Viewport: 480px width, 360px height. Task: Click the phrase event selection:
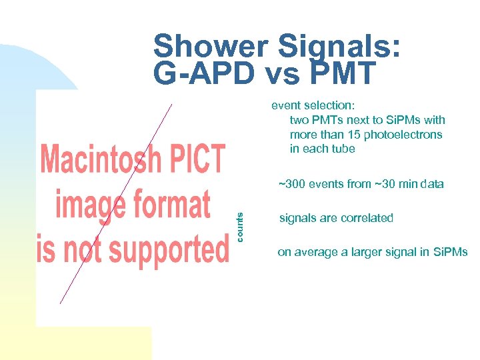coord(313,105)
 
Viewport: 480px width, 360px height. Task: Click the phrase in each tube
coord(323,149)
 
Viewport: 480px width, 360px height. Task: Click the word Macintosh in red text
coord(101,161)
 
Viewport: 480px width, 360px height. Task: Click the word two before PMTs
coord(299,120)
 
